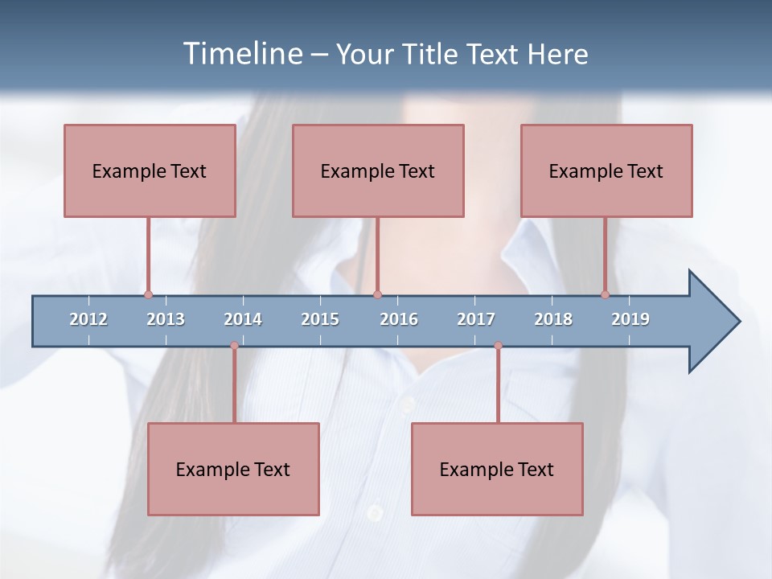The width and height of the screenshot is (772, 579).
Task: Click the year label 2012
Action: tap(88, 319)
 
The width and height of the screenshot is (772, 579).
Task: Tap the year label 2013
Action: tap(166, 319)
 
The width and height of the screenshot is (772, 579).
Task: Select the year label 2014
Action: tap(243, 319)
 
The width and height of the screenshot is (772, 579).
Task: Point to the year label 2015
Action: tap(320, 319)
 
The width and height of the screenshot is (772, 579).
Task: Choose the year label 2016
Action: tap(399, 319)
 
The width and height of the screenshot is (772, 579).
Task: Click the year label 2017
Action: tap(476, 319)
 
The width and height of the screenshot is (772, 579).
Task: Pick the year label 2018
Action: tap(553, 319)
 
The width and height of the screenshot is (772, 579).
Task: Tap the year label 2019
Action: tap(630, 319)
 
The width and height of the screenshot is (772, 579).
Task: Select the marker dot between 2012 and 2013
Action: tap(148, 294)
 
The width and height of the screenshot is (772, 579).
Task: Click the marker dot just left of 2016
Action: tap(377, 294)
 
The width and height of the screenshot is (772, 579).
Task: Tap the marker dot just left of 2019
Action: tap(605, 294)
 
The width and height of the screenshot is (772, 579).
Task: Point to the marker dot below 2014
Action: tap(234, 346)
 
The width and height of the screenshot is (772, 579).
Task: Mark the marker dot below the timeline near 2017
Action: tap(498, 346)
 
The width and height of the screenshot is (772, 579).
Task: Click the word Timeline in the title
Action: tap(241, 53)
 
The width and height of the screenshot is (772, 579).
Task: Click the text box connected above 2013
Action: tap(150, 170)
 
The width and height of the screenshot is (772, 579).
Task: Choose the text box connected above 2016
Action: tap(378, 170)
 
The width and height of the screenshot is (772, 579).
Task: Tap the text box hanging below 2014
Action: tap(233, 469)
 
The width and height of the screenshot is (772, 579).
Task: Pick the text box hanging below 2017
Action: tap(497, 469)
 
